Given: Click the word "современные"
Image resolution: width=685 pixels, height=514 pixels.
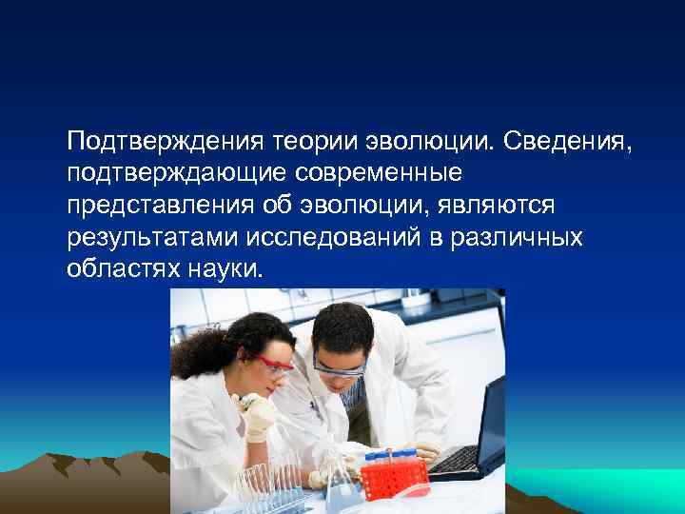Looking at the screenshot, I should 378,174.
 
